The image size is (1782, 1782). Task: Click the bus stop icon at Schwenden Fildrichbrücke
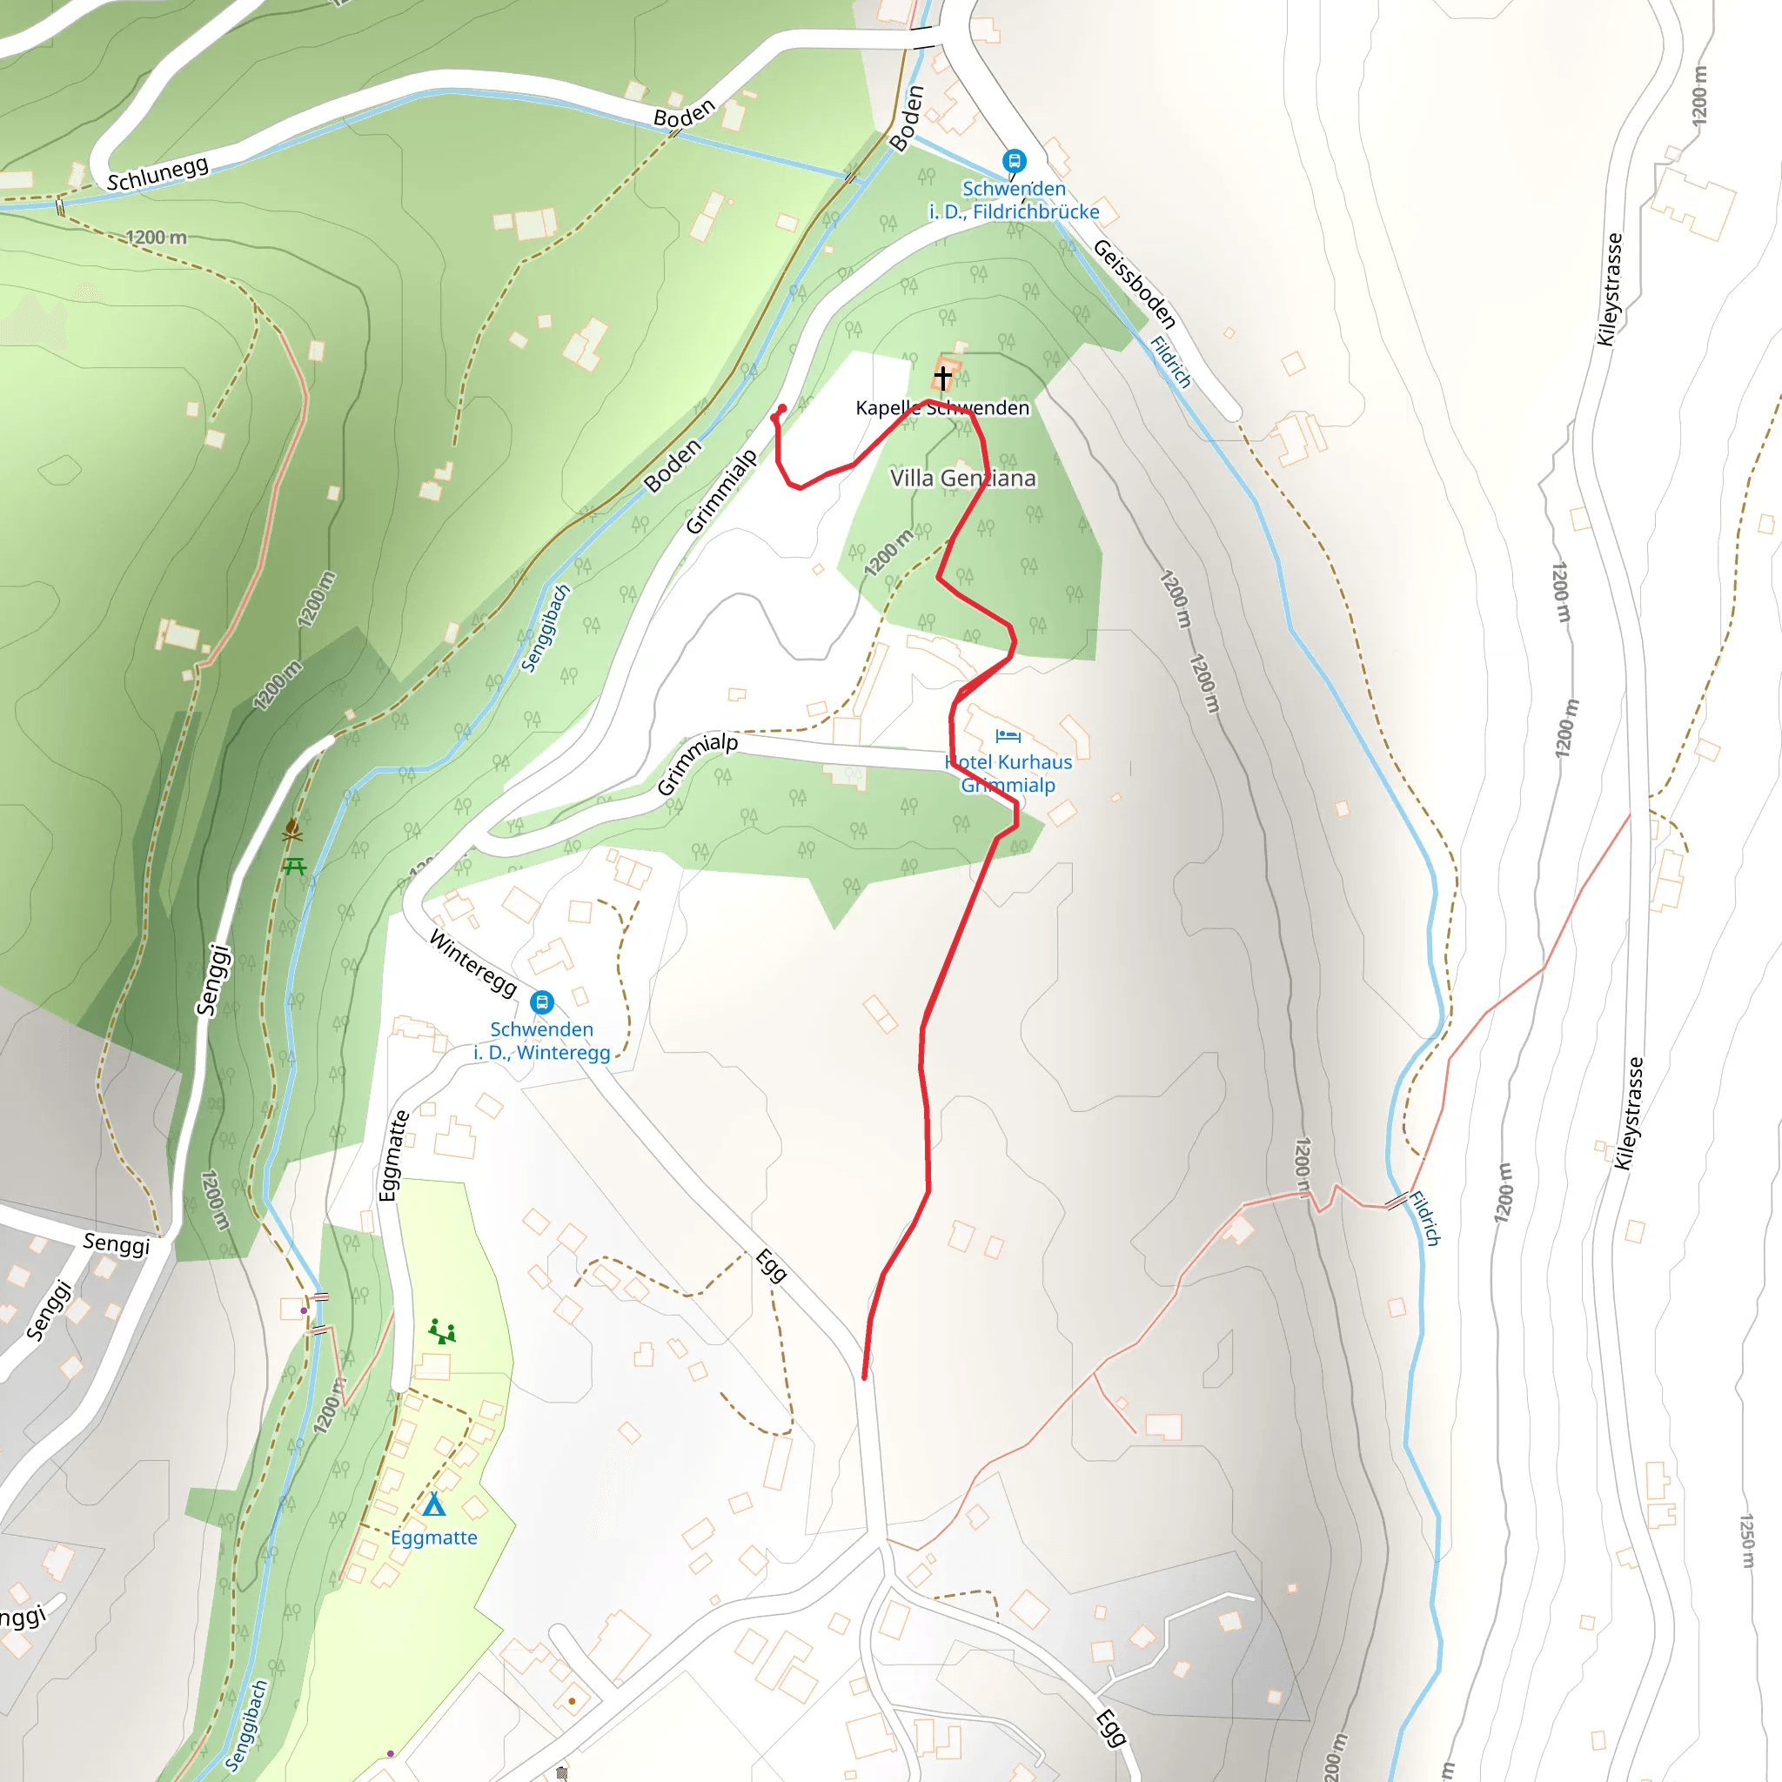(1014, 160)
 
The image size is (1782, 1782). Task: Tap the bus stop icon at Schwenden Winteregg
(542, 1001)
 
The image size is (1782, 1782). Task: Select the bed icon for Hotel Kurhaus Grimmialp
(1008, 736)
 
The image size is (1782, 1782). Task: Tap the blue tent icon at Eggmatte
(433, 1504)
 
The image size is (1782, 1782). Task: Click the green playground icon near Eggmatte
(442, 1331)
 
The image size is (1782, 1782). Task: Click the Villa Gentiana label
(962, 478)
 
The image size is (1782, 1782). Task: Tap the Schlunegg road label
(157, 172)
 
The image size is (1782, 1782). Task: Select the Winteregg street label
(473, 963)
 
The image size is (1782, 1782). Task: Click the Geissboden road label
(1135, 283)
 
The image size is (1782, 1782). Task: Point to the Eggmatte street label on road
(393, 1155)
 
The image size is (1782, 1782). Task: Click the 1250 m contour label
(1747, 1540)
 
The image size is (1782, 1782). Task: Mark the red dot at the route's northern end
(782, 408)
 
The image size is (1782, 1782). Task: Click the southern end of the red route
(864, 1377)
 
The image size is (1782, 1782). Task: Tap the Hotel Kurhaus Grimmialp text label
(1008, 773)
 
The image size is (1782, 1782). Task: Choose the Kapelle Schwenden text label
(941, 408)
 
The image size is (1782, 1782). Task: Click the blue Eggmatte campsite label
(433, 1537)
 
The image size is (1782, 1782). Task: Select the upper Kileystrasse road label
(1610, 289)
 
